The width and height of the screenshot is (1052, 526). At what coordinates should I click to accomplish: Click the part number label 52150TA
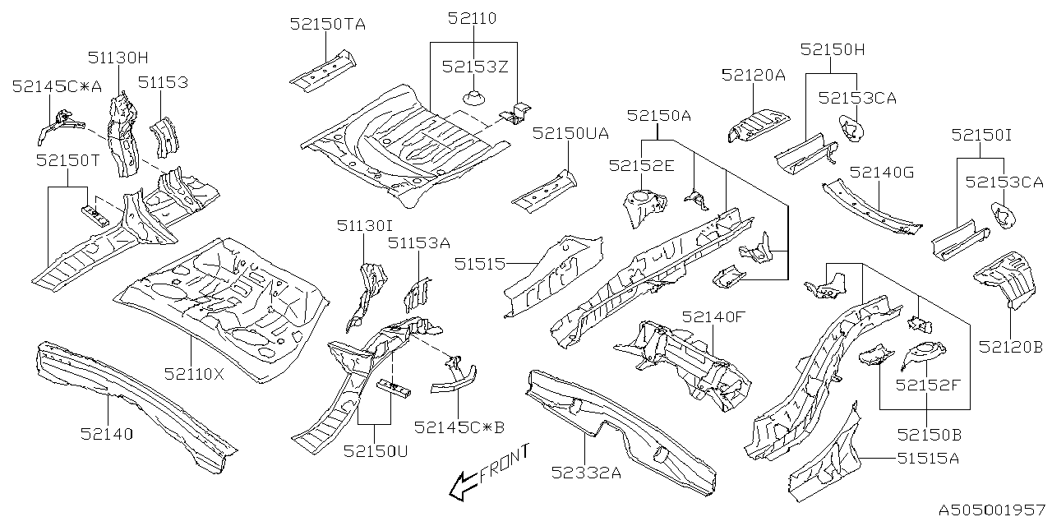pyautogui.click(x=327, y=24)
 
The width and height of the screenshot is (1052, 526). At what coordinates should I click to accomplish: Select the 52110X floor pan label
pyautogui.click(x=193, y=374)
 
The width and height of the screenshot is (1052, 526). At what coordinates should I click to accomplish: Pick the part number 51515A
pyautogui.click(x=928, y=459)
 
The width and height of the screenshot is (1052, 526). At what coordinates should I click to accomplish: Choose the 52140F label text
pyautogui.click(x=712, y=316)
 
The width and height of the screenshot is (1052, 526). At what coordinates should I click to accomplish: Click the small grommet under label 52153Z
pyautogui.click(x=473, y=99)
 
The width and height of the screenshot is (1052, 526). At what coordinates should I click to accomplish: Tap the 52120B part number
pyautogui.click(x=1010, y=348)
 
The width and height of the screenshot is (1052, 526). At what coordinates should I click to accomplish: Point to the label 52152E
pyautogui.click(x=641, y=165)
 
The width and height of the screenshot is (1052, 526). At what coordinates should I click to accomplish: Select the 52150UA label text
pyautogui.click(x=570, y=132)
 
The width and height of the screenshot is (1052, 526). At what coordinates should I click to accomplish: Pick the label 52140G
pyautogui.click(x=882, y=172)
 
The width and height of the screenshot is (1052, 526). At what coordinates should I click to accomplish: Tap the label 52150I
pyautogui.click(x=982, y=134)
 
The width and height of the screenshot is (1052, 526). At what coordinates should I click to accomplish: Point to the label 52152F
pyautogui.click(x=928, y=384)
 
